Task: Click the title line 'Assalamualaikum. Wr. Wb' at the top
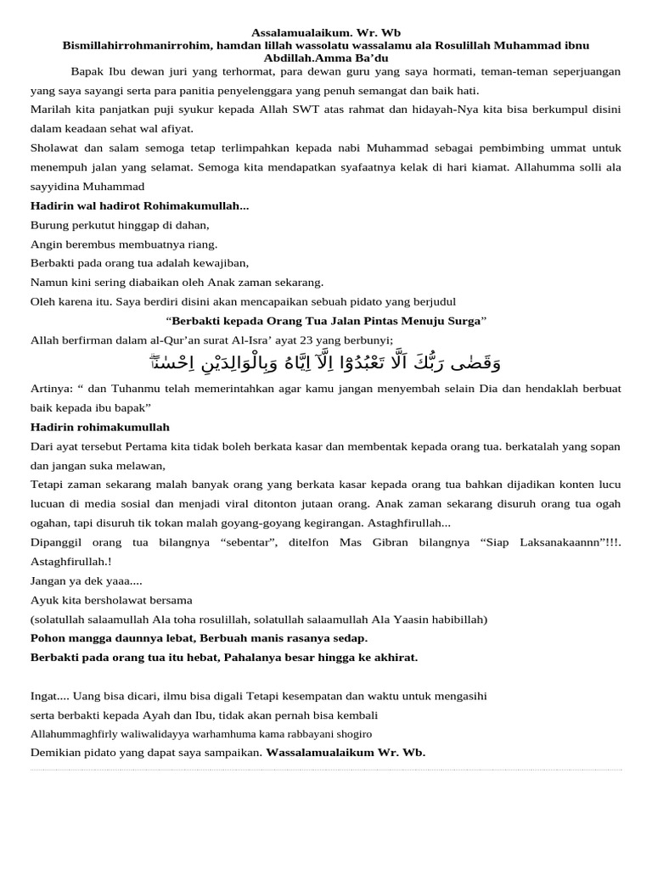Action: point(325,32)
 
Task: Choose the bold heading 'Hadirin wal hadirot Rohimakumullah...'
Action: point(139,206)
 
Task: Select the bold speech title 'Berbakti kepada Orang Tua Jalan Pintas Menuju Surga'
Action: point(326,321)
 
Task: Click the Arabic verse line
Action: point(326,364)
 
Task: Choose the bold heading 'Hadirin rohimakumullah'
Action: point(100,427)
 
